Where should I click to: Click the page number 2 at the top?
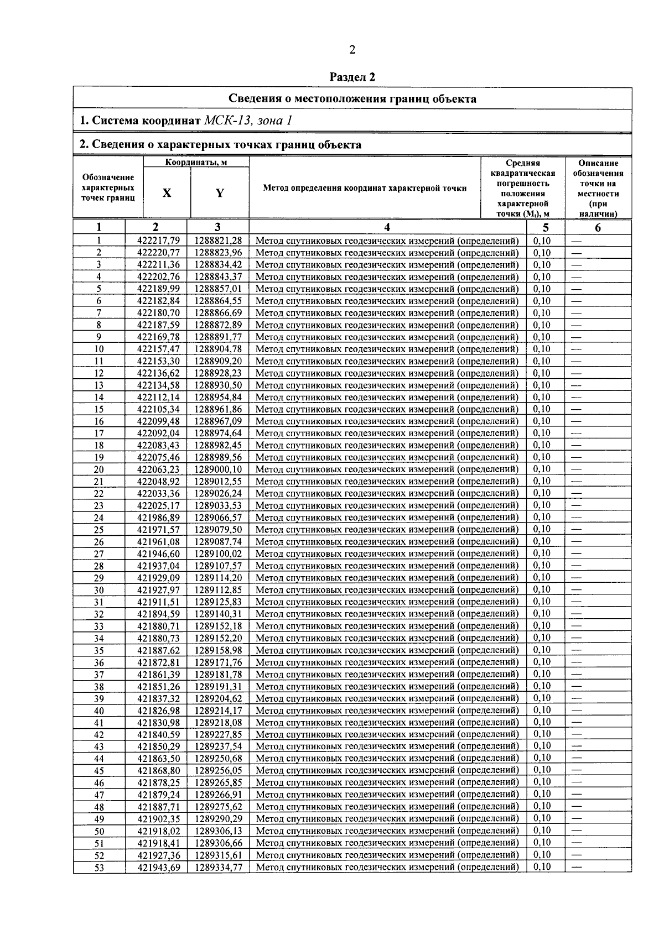point(352,50)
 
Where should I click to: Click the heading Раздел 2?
point(352,77)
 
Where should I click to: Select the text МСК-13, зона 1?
point(248,121)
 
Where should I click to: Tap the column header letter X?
point(167,193)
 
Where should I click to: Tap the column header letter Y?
point(220,193)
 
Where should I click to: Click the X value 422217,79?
point(158,241)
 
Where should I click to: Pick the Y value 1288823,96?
point(218,253)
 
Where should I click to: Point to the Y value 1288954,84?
point(218,398)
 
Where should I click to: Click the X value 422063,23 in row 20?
point(158,469)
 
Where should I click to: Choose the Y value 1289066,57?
point(218,518)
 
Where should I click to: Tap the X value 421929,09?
point(158,578)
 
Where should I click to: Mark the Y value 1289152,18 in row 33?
point(218,626)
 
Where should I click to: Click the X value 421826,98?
point(158,711)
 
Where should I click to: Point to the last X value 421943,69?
point(158,868)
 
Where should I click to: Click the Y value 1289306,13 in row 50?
point(218,831)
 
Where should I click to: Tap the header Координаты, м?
point(196,162)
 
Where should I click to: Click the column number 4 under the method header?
point(387,227)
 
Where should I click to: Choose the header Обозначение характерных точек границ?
point(108,187)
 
